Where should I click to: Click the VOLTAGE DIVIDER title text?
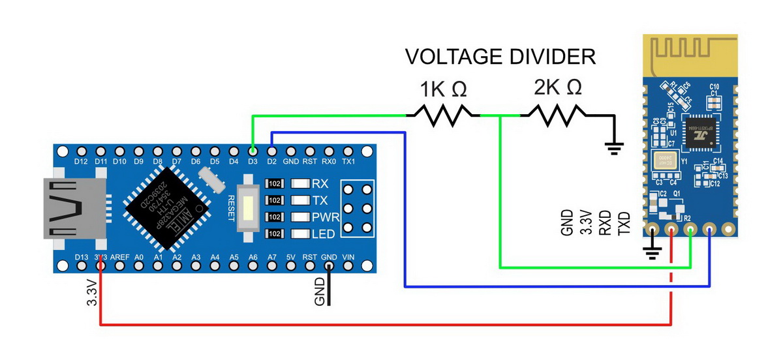tap(500, 56)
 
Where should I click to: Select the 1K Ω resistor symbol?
tap(444, 115)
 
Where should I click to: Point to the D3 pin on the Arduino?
tap(253, 151)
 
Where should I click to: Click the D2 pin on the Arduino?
tap(271, 151)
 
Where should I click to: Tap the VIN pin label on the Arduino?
tap(348, 257)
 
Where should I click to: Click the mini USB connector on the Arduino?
tap(69, 208)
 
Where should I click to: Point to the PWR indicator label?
tap(324, 217)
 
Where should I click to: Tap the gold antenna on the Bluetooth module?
tap(691, 55)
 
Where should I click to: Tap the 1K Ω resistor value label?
tap(443, 89)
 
